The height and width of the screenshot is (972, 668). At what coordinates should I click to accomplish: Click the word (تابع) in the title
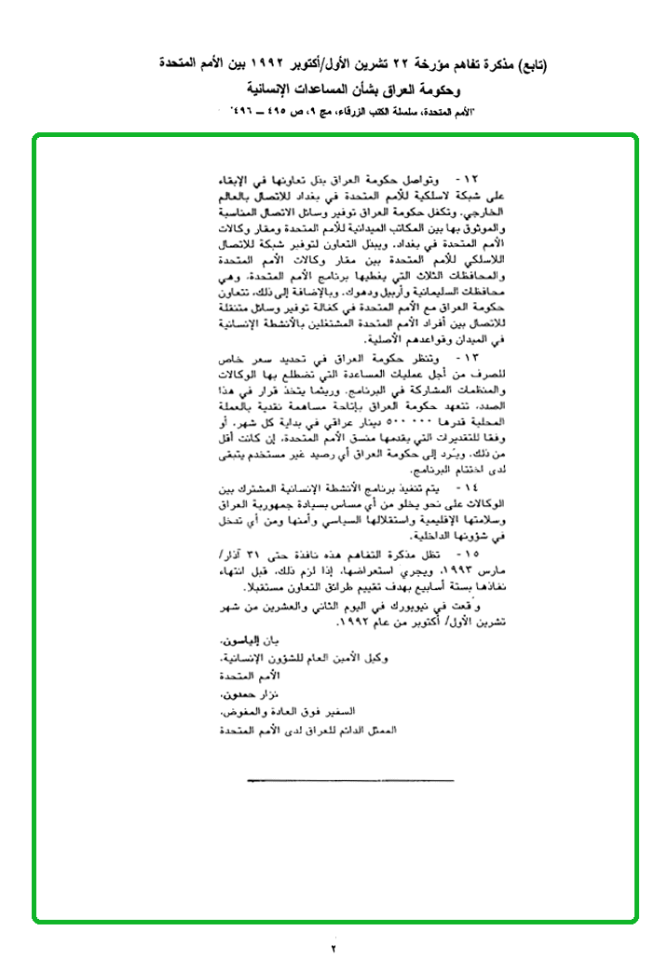click(530, 65)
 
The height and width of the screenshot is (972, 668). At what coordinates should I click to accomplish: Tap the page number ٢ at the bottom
click(334, 949)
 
